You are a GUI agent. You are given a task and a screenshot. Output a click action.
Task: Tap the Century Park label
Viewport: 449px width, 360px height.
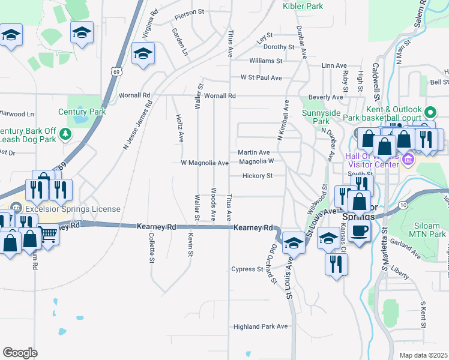coord(82,112)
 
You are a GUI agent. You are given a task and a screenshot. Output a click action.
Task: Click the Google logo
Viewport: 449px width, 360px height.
coord(20,352)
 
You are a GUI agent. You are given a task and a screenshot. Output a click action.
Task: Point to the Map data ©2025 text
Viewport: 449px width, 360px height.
coord(423,355)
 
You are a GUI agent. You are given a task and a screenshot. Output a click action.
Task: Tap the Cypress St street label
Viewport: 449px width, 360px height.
coord(247,269)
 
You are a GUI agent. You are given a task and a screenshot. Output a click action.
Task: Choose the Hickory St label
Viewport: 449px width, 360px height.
coord(258,176)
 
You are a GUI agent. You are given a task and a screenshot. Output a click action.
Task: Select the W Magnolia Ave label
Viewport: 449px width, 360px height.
coord(205,163)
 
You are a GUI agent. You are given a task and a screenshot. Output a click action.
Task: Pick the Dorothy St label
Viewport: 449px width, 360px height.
coord(279,47)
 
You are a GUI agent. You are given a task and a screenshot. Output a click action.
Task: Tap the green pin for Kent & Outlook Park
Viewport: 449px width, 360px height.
coord(430,112)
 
